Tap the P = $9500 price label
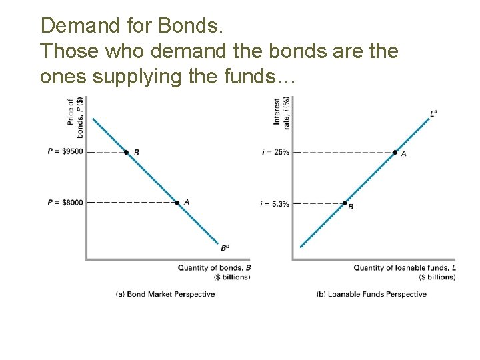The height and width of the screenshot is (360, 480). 65,151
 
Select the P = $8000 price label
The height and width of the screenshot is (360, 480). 65,202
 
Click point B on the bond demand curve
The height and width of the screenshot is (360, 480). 126,152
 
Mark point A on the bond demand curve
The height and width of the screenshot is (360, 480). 177,202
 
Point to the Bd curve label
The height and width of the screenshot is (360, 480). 225,247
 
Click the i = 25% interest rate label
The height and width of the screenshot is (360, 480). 275,152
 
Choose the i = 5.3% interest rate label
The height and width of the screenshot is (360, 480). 275,204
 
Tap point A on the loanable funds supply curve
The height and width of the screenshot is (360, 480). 395,152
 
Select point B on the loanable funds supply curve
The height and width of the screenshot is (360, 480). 345,203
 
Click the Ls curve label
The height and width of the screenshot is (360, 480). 433,114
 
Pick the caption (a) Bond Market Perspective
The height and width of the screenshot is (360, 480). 165,294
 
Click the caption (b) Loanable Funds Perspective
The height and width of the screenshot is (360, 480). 371,294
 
